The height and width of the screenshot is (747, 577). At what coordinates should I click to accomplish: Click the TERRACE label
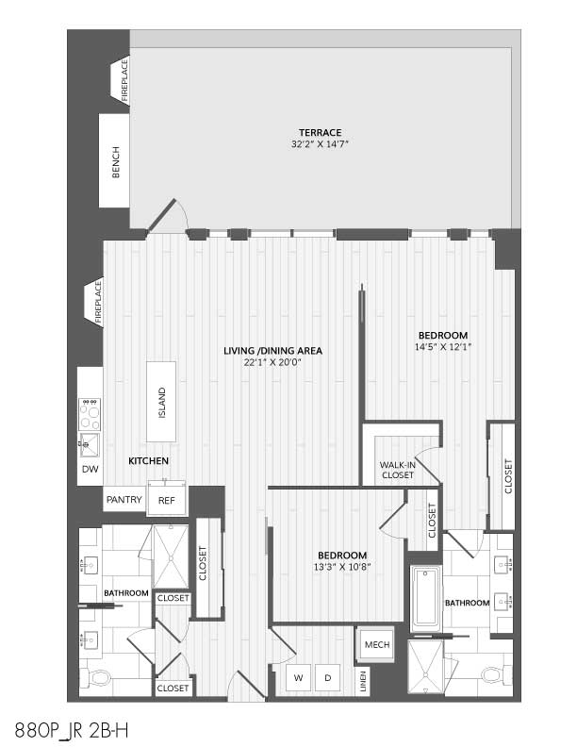point(320,132)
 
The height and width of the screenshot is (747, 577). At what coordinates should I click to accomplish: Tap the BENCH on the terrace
point(114,161)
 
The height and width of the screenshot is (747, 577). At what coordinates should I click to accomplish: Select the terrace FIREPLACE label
point(124,79)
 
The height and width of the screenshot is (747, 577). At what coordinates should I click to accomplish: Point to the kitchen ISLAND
point(161,402)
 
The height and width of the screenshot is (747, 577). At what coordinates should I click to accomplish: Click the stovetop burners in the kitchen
point(90,414)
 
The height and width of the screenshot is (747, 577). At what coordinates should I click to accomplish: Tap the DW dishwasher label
point(90,469)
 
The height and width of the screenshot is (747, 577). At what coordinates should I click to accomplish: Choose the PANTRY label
point(124,499)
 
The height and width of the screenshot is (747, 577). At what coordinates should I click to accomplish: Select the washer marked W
point(299,677)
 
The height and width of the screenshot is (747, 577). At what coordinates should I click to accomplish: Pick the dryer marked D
point(327,677)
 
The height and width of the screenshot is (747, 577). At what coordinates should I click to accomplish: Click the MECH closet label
point(377,644)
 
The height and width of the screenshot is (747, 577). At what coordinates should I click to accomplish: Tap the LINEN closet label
point(363,681)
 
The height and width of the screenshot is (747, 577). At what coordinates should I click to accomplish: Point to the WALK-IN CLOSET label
point(398,470)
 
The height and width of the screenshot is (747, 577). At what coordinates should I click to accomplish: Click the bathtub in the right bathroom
point(426,598)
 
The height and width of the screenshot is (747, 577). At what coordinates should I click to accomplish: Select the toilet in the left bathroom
point(95,677)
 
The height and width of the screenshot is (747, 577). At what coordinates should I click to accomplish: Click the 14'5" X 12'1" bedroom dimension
point(443,347)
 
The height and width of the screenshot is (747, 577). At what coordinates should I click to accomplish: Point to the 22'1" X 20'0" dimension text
point(272,362)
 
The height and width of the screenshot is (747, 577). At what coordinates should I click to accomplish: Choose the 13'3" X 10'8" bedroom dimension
point(342,567)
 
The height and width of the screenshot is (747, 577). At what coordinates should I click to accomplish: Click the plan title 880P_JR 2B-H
point(72,730)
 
